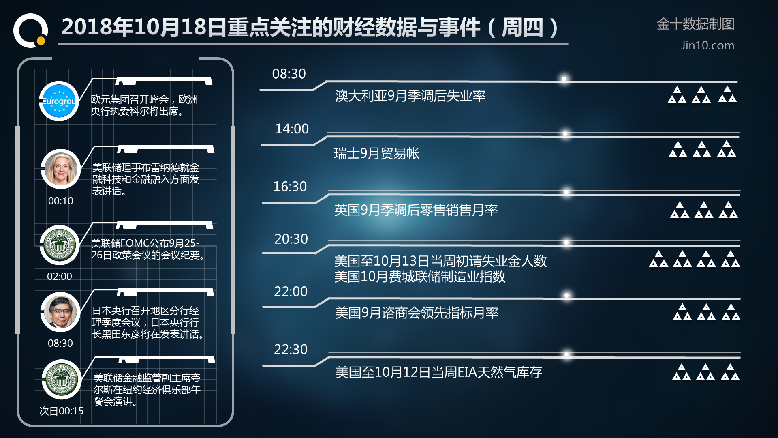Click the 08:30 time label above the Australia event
289,74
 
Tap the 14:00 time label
292,129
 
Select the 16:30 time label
290,187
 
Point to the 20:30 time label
291,239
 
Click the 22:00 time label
291,292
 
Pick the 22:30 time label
291,349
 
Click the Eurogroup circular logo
59,101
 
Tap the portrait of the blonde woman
61,169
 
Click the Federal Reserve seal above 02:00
60,245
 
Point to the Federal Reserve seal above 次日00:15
62,379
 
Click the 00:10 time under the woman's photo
61,201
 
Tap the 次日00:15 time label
61,411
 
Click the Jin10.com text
707,45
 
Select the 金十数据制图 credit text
695,24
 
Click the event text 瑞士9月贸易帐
376,153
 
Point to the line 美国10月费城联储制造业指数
420,277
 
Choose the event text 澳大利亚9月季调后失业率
410,96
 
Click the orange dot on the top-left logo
41,41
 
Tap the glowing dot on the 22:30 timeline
566,354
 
